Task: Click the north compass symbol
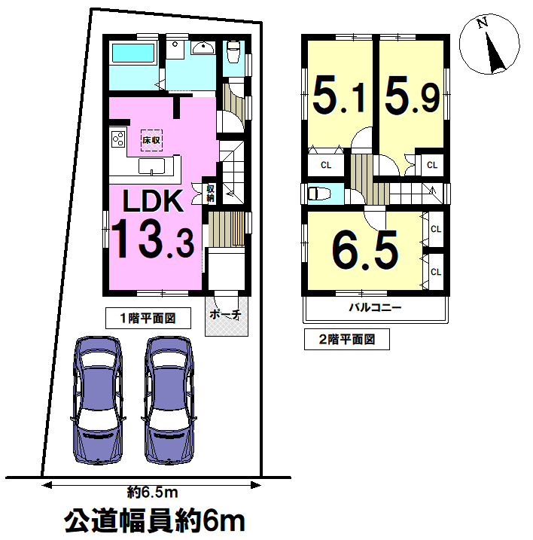(489, 44)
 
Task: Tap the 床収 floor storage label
(151, 140)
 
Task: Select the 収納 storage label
(210, 194)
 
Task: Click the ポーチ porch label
(225, 314)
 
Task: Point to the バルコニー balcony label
(376, 307)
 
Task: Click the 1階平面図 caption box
(148, 319)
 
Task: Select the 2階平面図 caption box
(347, 340)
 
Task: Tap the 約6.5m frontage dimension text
(152, 493)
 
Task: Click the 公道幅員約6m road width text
(154, 521)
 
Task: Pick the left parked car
(98, 400)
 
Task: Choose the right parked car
(169, 400)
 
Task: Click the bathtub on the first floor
(134, 53)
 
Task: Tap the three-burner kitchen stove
(117, 139)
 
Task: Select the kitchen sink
(151, 166)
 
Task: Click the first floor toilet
(233, 52)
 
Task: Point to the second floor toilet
(319, 194)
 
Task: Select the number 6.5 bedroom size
(365, 249)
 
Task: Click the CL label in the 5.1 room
(326, 165)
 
